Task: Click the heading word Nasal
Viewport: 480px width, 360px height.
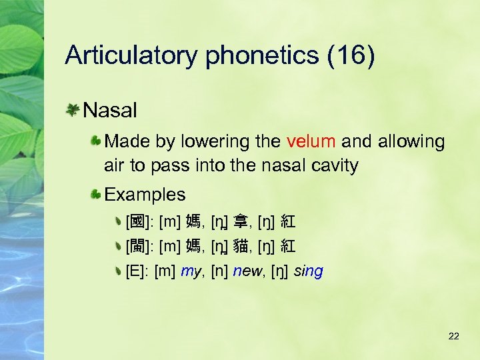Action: click(111, 109)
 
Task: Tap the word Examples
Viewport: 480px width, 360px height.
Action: click(145, 195)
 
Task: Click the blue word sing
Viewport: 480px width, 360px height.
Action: click(308, 271)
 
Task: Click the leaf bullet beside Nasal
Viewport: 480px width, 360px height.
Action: click(74, 109)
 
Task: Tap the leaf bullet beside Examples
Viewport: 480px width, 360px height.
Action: click(97, 195)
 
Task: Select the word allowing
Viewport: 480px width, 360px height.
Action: click(411, 141)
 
